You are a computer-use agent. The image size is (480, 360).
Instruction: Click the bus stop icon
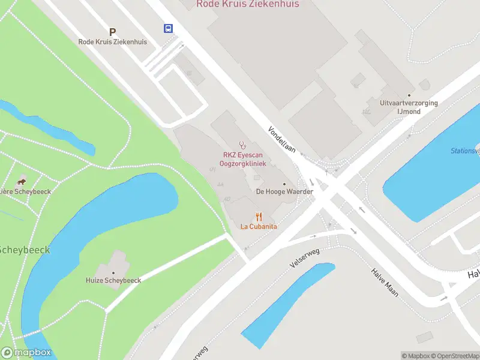[168, 28]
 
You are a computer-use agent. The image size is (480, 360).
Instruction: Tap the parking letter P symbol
[112, 32]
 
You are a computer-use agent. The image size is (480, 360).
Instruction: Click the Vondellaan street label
[282, 140]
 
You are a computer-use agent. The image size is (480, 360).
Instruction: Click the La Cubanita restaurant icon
[259, 216]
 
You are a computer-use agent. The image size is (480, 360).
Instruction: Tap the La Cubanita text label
[259, 227]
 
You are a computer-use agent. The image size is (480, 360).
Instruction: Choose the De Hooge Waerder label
[284, 191]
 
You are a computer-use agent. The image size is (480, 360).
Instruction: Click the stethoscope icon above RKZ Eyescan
[243, 145]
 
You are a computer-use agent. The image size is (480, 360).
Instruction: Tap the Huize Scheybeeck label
[113, 280]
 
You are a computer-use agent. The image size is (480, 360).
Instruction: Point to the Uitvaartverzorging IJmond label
[409, 107]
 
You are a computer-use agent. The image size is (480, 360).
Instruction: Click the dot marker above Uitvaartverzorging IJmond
[409, 95]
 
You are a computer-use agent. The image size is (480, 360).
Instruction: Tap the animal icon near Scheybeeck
[22, 182]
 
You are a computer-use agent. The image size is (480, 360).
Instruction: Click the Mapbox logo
[26, 353]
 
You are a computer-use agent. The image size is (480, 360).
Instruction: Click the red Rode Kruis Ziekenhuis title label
[247, 4]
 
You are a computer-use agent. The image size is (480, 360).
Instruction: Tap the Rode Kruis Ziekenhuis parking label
[112, 42]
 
